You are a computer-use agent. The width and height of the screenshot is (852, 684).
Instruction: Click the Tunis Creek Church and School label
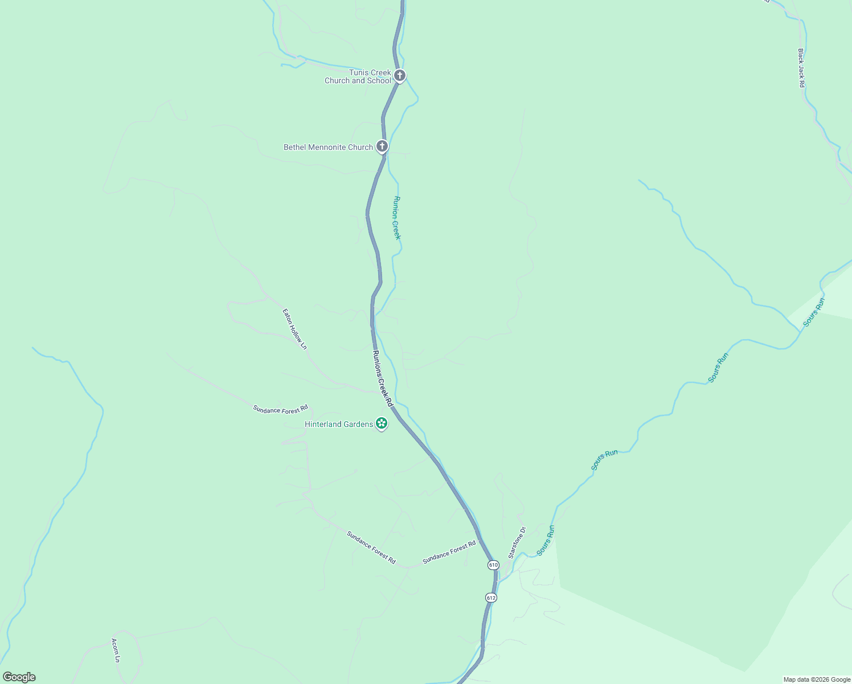tap(358, 76)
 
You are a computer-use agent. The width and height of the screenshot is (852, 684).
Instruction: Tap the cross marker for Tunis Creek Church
tap(400, 75)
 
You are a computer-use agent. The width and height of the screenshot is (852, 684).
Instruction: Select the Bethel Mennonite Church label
tap(328, 147)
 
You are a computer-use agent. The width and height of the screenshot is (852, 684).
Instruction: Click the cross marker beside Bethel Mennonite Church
tap(382, 146)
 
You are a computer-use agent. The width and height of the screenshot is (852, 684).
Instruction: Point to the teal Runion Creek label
tap(397, 218)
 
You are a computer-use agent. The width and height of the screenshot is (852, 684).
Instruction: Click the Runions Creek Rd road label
tap(383, 378)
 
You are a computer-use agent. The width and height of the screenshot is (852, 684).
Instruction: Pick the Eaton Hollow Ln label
tap(294, 329)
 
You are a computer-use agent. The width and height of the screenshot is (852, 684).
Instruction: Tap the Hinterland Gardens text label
tap(339, 424)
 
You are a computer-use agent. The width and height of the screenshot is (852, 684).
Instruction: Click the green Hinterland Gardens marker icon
tap(382, 424)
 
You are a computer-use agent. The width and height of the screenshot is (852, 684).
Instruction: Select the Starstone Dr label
tap(517, 542)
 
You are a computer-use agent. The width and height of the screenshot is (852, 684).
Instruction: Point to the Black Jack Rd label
tap(801, 68)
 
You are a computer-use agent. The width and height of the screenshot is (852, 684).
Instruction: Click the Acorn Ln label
tap(116, 650)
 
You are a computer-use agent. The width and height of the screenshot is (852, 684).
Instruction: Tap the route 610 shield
tap(493, 565)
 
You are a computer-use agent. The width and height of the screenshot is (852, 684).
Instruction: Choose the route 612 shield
tap(491, 597)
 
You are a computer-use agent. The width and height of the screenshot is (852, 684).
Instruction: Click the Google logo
tap(19, 677)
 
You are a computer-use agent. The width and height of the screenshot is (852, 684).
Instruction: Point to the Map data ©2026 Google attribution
tap(817, 679)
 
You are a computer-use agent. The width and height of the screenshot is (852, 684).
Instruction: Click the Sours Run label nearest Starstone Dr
tap(545, 540)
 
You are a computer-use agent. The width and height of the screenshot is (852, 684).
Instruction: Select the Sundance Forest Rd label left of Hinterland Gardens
tap(280, 409)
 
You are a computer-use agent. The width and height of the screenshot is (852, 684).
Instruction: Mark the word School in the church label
tap(379, 80)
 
